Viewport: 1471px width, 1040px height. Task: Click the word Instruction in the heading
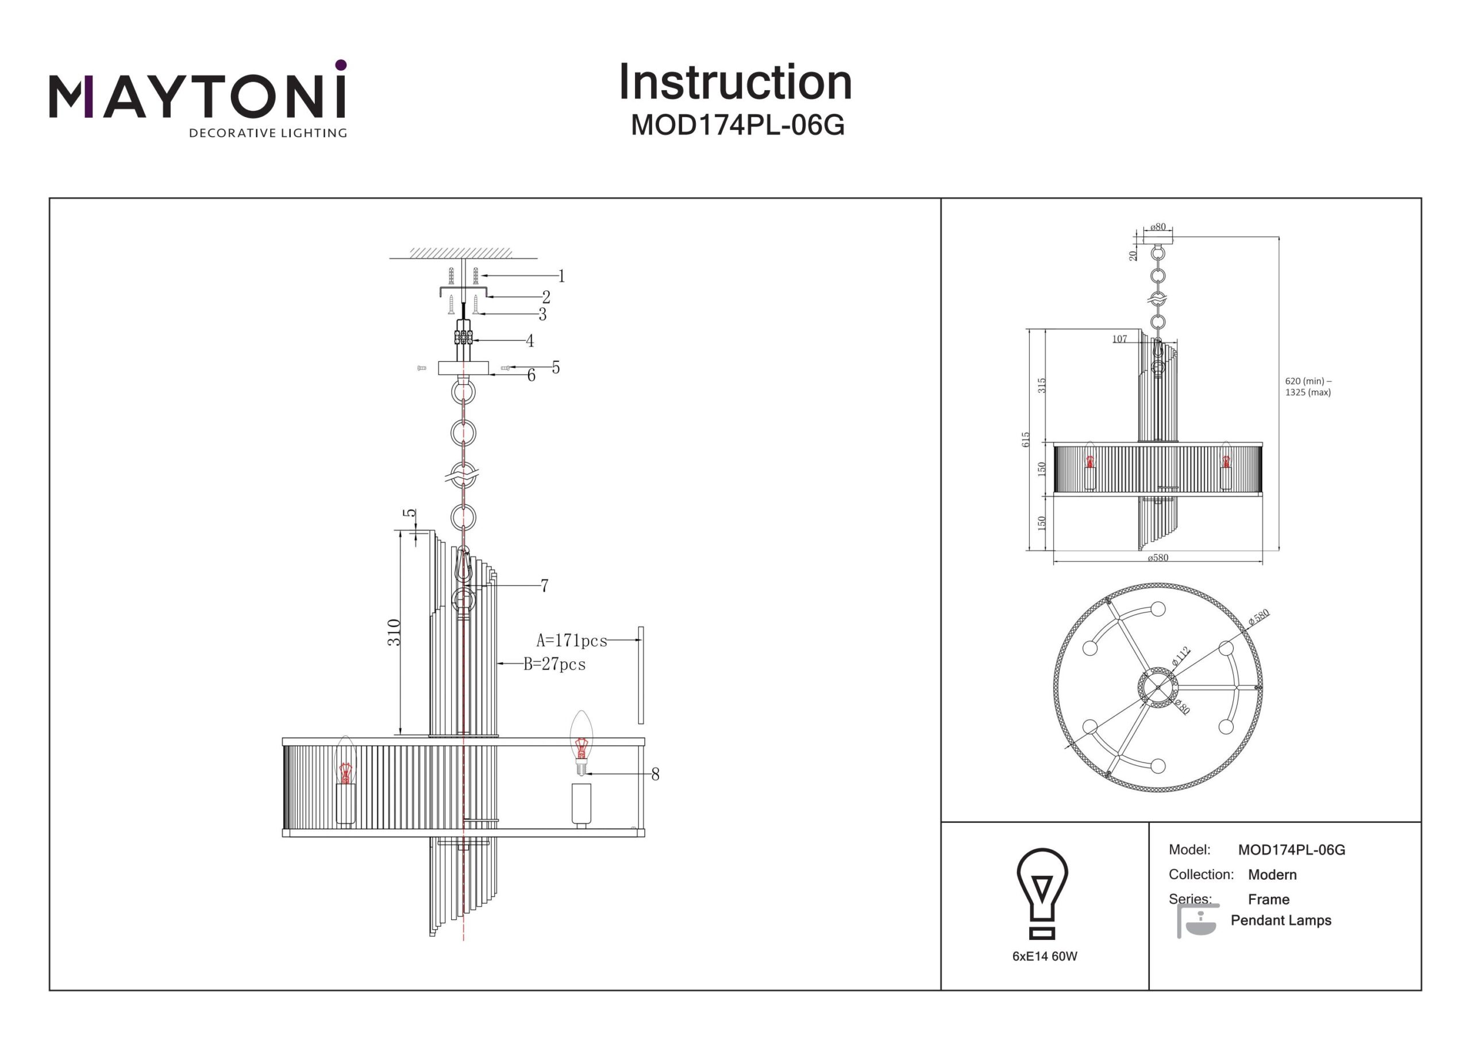[735, 83]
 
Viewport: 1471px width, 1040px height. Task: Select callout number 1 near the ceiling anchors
[561, 276]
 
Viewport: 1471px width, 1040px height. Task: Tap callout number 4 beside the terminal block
[530, 341]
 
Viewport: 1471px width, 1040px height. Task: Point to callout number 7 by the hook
[544, 586]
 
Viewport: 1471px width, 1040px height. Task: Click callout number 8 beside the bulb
[655, 774]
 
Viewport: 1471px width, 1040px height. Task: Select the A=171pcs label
[572, 640]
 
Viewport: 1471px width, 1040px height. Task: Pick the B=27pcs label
[555, 664]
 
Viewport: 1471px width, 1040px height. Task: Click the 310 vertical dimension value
[394, 632]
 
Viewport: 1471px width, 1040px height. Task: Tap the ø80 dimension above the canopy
[1158, 227]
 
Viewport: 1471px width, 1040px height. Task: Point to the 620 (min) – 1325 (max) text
[1308, 386]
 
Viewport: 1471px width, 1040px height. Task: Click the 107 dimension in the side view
[1119, 339]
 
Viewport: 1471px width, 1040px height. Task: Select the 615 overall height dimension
[1026, 439]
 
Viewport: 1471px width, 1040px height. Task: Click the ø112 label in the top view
[1180, 656]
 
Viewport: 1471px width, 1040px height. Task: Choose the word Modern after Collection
[1272, 875]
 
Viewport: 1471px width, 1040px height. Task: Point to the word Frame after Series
[1269, 899]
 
